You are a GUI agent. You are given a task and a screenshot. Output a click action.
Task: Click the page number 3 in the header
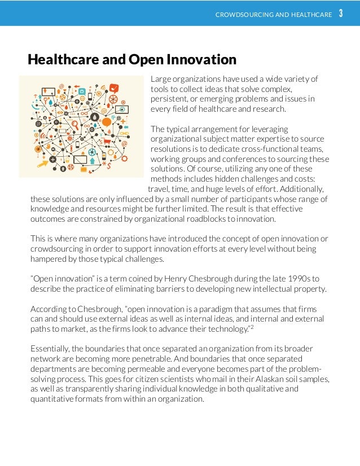pos(341,13)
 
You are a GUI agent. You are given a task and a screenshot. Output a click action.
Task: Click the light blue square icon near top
pos(82,91)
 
